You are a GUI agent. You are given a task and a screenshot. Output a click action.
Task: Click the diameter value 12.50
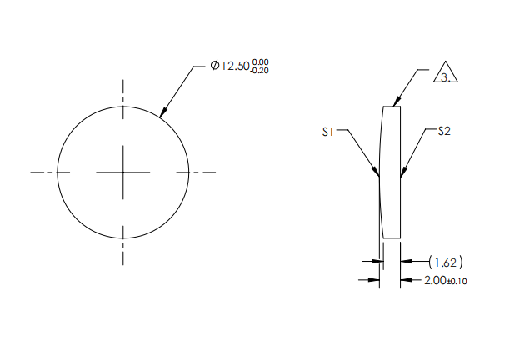pyautogui.click(x=236, y=67)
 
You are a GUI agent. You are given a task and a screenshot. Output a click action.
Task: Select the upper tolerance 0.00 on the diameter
pyautogui.click(x=261, y=62)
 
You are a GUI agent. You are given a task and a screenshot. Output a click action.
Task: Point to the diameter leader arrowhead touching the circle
pyautogui.click(x=162, y=112)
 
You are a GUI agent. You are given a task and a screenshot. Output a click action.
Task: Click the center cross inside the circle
pyautogui.click(x=123, y=172)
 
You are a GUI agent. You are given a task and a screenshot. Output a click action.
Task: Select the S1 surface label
pyautogui.click(x=330, y=131)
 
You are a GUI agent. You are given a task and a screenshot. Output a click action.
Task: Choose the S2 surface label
pyautogui.click(x=443, y=131)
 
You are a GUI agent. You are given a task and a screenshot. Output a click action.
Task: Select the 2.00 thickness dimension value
pyautogui.click(x=436, y=280)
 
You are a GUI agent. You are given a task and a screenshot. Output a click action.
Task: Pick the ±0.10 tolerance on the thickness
pyautogui.click(x=458, y=281)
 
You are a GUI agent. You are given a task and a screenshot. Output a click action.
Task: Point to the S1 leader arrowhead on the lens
pyautogui.click(x=377, y=174)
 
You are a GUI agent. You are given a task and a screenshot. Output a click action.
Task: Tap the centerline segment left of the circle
pyautogui.click(x=43, y=172)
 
